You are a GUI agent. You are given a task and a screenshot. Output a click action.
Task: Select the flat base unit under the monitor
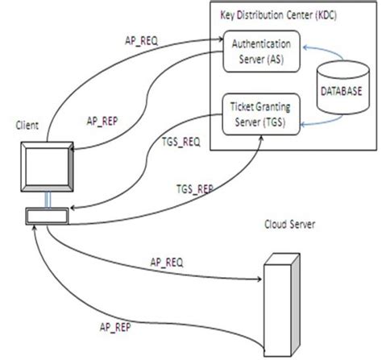click(x=47, y=217)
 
